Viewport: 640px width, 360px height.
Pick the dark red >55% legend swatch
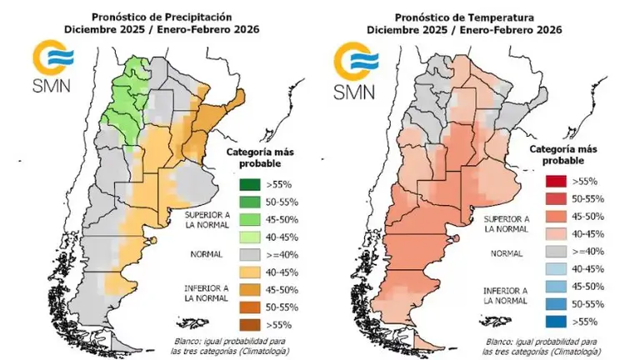(551, 180)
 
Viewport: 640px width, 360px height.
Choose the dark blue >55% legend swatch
(551, 320)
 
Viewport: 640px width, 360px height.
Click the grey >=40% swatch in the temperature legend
(551, 250)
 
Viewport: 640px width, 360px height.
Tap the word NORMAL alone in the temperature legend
(508, 250)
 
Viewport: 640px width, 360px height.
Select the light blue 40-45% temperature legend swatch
(551, 267)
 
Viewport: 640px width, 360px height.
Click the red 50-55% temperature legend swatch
(551, 197)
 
